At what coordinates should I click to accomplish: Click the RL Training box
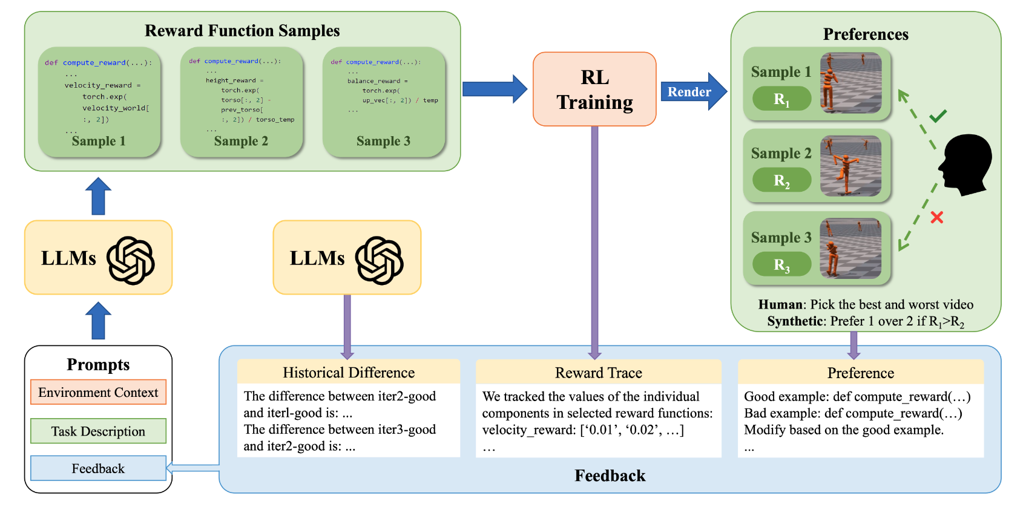click(x=594, y=90)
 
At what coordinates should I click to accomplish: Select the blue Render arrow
click(x=692, y=92)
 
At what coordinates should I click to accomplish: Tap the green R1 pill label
click(x=781, y=99)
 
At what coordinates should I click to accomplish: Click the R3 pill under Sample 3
click(x=781, y=264)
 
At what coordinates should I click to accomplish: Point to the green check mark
click(x=938, y=116)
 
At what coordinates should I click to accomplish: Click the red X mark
click(x=936, y=217)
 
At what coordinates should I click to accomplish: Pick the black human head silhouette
click(x=965, y=165)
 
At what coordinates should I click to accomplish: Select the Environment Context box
click(x=98, y=393)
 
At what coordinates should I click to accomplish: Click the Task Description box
click(x=98, y=431)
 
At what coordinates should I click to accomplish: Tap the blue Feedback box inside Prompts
click(x=98, y=469)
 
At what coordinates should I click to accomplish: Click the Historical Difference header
click(x=349, y=373)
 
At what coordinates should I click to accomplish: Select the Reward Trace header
click(x=598, y=373)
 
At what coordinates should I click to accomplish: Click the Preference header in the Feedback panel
click(x=860, y=373)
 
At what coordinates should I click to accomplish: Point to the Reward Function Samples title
click(x=242, y=31)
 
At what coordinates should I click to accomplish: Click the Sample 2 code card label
click(x=241, y=141)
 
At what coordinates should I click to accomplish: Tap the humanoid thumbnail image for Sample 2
click(x=850, y=165)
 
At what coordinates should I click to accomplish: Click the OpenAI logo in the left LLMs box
click(x=131, y=261)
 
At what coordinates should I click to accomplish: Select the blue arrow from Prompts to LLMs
click(x=98, y=321)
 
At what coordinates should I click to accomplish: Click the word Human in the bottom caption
click(x=780, y=305)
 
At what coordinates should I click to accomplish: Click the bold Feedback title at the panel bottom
click(x=610, y=476)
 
